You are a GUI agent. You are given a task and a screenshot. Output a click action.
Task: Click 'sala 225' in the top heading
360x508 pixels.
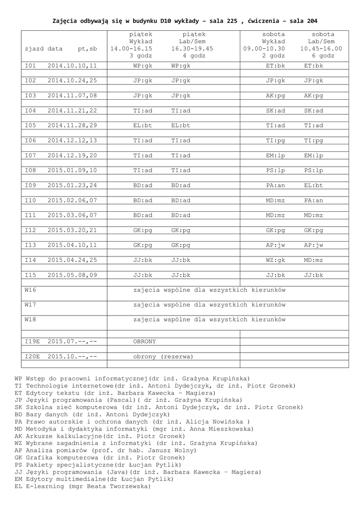(x=223, y=21)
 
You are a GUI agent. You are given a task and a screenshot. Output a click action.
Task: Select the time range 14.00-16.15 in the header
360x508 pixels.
(x=131, y=49)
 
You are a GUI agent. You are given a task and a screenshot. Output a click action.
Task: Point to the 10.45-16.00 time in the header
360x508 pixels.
(x=321, y=49)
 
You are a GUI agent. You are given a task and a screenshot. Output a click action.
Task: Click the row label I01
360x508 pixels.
(x=31, y=65)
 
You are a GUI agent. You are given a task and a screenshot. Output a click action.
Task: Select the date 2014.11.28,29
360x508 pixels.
(x=72, y=126)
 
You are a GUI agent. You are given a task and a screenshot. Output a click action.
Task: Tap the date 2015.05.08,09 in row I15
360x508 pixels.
(x=72, y=275)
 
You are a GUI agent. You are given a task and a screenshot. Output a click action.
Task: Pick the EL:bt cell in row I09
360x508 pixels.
(x=313, y=186)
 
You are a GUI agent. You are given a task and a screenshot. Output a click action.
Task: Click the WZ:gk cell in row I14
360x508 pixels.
(x=275, y=260)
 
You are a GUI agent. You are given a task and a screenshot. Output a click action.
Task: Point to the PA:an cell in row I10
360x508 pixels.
(x=313, y=200)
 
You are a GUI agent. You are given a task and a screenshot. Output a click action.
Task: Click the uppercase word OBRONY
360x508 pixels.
(x=144, y=342)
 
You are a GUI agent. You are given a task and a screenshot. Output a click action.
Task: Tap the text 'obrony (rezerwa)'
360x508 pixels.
(x=163, y=357)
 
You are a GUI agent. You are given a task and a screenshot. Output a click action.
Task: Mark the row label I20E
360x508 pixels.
(x=33, y=357)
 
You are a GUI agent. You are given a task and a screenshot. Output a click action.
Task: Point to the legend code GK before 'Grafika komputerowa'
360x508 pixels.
(x=18, y=457)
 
